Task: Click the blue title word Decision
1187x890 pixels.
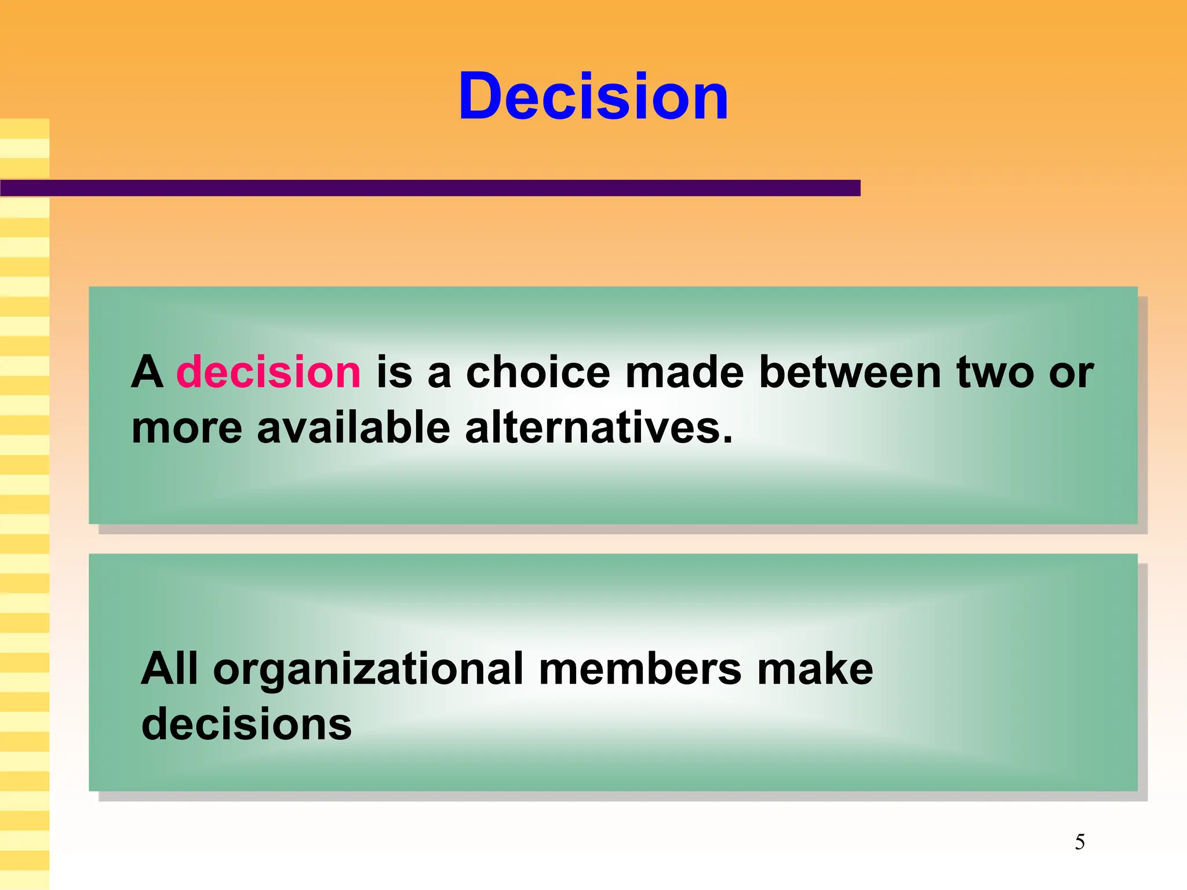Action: tap(593, 96)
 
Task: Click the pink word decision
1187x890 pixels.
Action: tap(268, 372)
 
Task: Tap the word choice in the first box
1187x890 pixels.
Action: tap(538, 372)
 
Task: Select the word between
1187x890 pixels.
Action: tap(850, 372)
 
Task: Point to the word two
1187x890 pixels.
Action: tap(995, 372)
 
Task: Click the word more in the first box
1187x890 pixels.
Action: tap(187, 429)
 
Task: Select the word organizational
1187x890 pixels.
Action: tap(369, 670)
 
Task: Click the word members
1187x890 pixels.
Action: tap(640, 669)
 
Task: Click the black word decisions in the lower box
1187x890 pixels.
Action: tap(246, 724)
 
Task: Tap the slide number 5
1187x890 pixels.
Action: tap(1080, 842)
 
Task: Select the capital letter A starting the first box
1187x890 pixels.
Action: tap(147, 372)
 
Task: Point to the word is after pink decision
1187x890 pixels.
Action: tap(394, 372)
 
